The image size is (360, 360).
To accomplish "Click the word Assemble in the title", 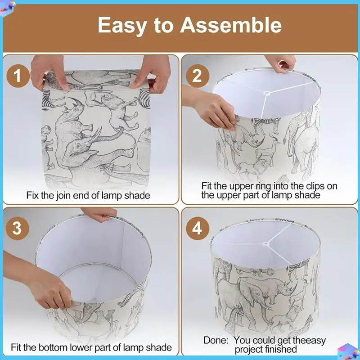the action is coord(230,25).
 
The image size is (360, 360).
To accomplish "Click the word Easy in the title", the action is coord(122,26).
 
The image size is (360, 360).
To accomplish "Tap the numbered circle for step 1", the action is coord(18,76).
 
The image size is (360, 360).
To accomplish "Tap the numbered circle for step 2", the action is coord(197,76).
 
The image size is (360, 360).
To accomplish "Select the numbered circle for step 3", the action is coord(18,228).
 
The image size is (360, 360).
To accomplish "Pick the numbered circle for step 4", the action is coord(197,229).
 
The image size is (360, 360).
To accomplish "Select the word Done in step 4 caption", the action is coord(216,340).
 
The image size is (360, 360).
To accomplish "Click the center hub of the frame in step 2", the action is coord(267,93).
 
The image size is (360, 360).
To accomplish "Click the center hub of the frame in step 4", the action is coord(266,244).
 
